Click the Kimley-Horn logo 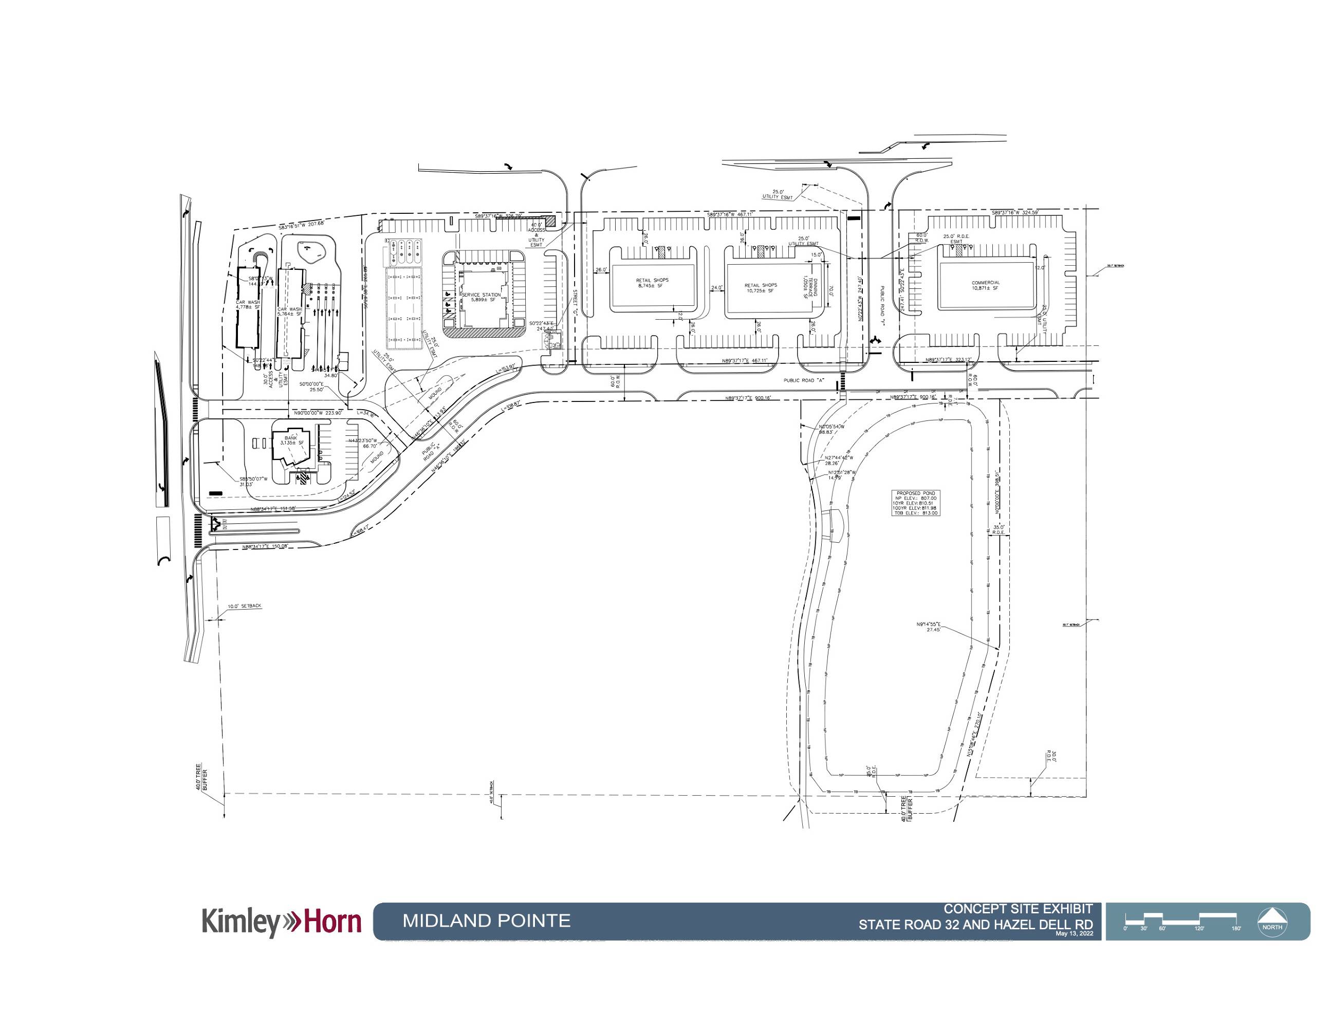pyautogui.click(x=281, y=922)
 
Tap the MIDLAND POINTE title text pyautogui.click(x=486, y=920)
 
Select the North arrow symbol pyautogui.click(x=1272, y=920)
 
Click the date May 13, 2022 pyautogui.click(x=1074, y=933)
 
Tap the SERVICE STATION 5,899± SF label pyautogui.click(x=481, y=298)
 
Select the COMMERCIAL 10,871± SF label pyautogui.click(x=985, y=285)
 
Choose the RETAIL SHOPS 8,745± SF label pyautogui.click(x=652, y=283)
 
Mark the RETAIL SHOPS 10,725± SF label pyautogui.click(x=761, y=288)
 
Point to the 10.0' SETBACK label pyautogui.click(x=244, y=607)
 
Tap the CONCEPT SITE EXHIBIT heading pyautogui.click(x=1018, y=909)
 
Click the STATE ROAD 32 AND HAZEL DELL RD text pyautogui.click(x=975, y=925)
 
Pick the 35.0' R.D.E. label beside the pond pyautogui.click(x=998, y=530)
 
